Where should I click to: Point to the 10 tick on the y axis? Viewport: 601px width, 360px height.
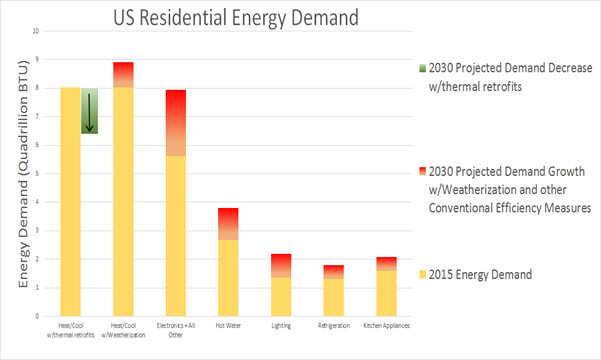[x=37, y=30]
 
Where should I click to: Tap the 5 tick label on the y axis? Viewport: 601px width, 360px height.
[x=38, y=173]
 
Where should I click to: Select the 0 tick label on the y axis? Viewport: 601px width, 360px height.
[x=38, y=316]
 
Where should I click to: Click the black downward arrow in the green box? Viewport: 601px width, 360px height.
[x=88, y=111]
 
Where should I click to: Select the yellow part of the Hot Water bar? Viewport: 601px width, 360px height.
[x=228, y=277]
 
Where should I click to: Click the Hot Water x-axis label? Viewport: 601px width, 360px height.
[x=228, y=325]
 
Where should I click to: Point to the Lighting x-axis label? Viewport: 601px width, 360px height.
[x=281, y=325]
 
